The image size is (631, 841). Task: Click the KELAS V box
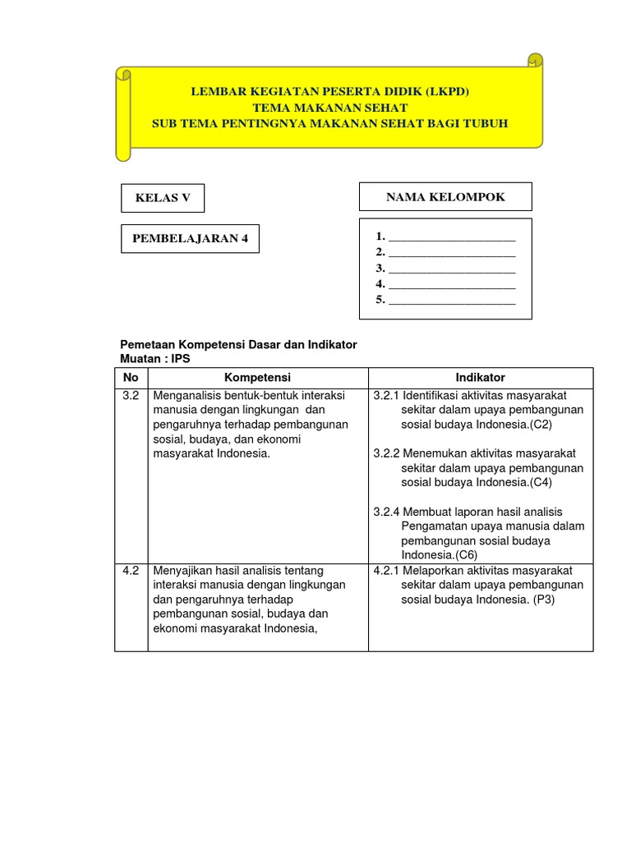[163, 198]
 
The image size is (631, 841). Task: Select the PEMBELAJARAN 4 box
[190, 239]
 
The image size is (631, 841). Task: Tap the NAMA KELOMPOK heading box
[445, 197]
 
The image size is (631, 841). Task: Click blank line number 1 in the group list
[451, 237]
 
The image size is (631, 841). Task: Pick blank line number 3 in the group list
[451, 269]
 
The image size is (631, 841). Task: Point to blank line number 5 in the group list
[451, 300]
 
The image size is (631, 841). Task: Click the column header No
[131, 378]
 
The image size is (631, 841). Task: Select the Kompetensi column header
[258, 378]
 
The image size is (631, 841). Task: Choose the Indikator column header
[481, 378]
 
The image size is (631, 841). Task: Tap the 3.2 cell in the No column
[131, 395]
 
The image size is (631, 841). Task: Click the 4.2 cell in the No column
[131, 570]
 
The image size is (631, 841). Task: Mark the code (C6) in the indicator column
[472, 555]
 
